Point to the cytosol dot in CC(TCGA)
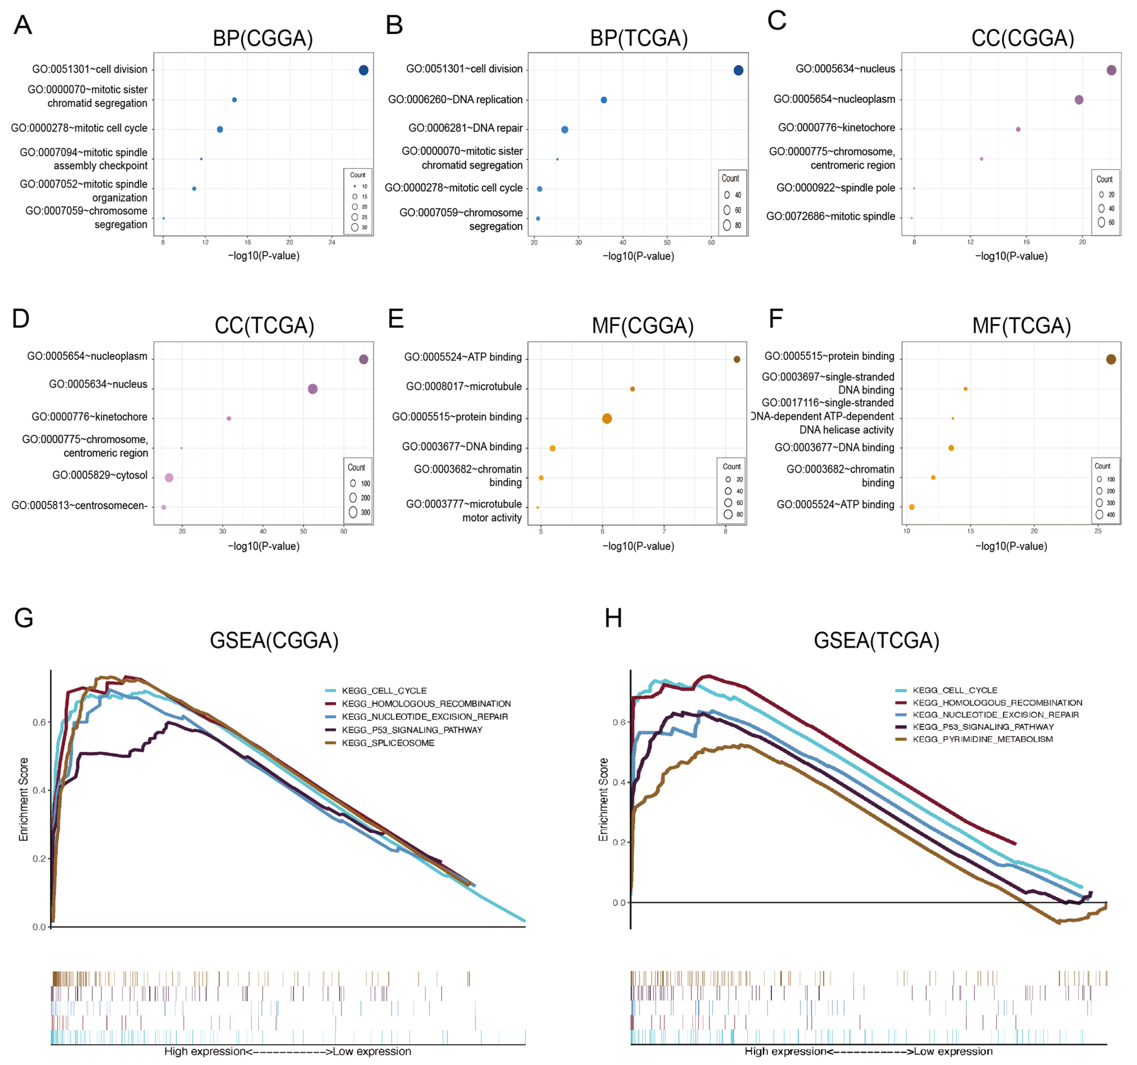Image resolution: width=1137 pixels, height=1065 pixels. tap(169, 478)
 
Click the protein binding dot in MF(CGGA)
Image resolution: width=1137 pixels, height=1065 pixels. tap(607, 419)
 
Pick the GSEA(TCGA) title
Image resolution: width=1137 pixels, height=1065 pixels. tap(876, 641)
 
